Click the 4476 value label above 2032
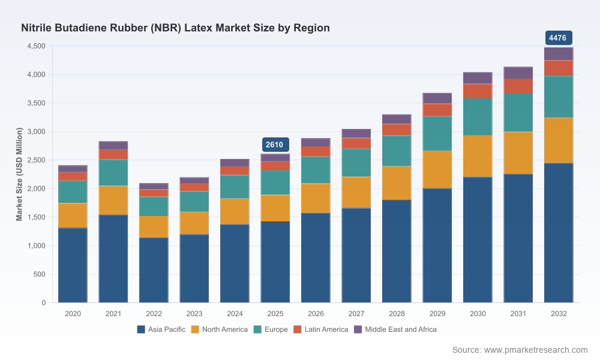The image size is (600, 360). (558, 38)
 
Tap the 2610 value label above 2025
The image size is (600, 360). (275, 145)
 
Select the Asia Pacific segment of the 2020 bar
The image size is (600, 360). (73, 265)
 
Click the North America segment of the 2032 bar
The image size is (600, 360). (558, 140)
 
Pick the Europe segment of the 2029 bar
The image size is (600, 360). (437, 134)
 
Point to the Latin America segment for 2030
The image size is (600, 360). (478, 91)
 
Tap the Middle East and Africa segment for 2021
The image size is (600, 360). (113, 145)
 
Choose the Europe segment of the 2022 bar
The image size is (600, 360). (154, 206)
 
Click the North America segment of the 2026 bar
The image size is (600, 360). (316, 198)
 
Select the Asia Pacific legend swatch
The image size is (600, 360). (141, 329)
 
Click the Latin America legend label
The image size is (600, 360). (326, 329)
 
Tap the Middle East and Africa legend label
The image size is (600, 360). (401, 329)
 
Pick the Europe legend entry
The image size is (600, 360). (271, 329)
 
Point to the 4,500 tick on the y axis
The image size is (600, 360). (37, 46)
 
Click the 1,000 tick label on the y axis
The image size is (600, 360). (37, 245)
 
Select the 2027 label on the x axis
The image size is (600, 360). (356, 314)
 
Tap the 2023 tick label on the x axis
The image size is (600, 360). (194, 314)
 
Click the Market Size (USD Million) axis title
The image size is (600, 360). (19, 174)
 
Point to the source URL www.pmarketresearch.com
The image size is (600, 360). (536, 350)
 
